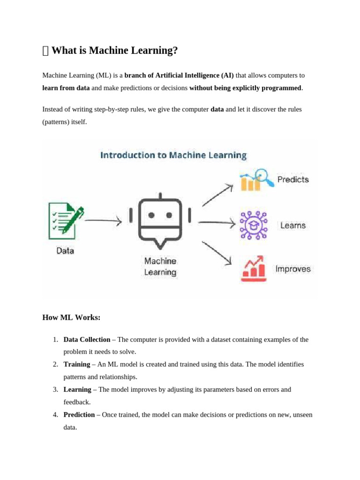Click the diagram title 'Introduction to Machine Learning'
coord(173,155)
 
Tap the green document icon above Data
coord(66,220)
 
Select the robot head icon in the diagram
coord(160,220)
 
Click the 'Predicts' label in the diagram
coord(293,180)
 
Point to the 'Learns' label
coord(292,225)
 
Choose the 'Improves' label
coord(292,269)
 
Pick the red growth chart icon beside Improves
coord(253,269)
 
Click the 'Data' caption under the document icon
coord(65,251)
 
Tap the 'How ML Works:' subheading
coord(71,318)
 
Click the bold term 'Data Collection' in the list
coord(87,339)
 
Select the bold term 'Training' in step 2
coord(77,364)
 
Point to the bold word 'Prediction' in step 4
coord(79,415)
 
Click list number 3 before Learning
coord(55,390)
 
